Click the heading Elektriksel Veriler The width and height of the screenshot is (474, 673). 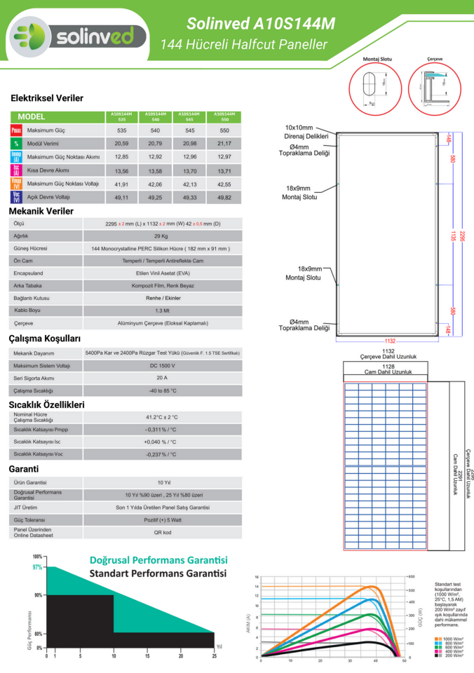[47, 98]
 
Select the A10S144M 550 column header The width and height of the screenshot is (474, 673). [224, 116]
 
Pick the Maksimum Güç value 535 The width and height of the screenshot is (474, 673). [122, 131]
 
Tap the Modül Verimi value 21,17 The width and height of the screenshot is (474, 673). [224, 144]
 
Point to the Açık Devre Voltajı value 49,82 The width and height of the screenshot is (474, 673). [224, 198]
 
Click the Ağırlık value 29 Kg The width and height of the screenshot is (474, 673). [161, 236]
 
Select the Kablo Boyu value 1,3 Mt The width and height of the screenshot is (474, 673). [161, 311]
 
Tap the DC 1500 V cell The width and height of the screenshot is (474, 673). [161, 366]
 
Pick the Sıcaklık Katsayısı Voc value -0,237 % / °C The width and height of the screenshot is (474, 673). [161, 454]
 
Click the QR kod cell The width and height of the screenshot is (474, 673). [161, 532]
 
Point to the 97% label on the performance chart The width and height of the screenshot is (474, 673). [37, 567]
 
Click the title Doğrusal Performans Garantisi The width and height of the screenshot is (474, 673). [158, 561]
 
